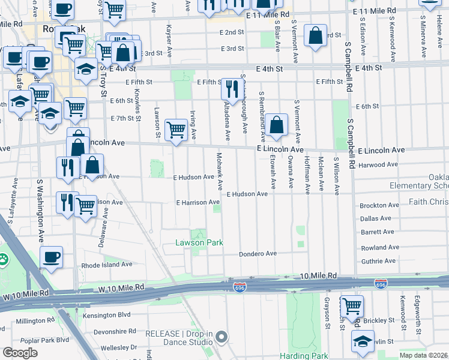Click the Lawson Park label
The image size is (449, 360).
[199, 242]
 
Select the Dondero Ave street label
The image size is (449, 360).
[258, 254]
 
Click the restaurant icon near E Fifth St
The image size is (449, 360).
[232, 88]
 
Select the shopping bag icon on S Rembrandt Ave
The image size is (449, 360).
[276, 125]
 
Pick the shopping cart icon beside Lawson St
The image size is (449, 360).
[176, 129]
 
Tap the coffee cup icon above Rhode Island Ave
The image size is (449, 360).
[51, 258]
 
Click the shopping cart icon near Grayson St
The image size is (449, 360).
[352, 305]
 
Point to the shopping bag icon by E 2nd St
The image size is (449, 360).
[315, 35]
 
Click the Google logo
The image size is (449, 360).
[20, 352]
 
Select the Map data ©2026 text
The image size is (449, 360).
[423, 355]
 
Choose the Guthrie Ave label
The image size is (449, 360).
[378, 261]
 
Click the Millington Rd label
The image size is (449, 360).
[35, 321]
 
